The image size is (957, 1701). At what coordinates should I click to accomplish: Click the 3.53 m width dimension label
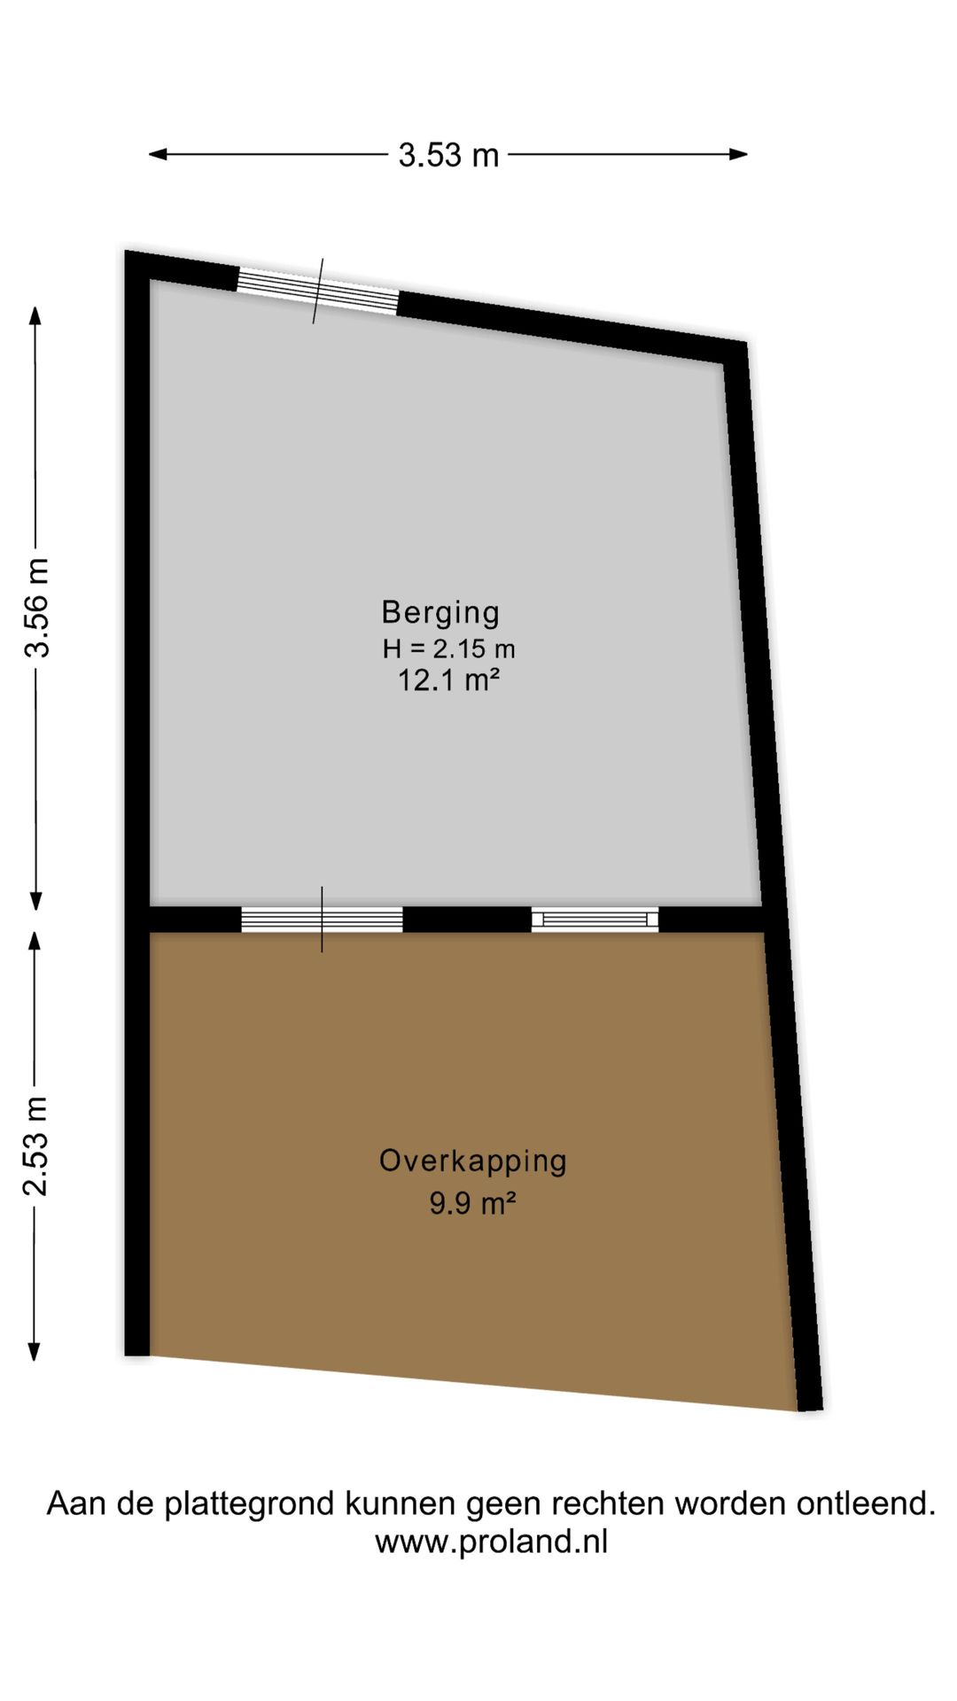click(x=448, y=155)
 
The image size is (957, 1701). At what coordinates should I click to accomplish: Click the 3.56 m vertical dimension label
click(x=37, y=608)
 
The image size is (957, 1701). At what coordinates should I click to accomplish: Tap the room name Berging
click(x=440, y=612)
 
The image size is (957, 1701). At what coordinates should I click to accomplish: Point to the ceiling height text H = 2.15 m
click(x=448, y=649)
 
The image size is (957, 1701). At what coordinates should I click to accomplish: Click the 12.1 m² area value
click(x=448, y=680)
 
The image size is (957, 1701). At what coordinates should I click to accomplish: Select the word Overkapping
click(x=472, y=1161)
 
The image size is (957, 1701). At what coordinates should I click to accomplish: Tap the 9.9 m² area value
click(x=472, y=1203)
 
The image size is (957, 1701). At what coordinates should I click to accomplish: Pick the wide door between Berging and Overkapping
click(x=322, y=919)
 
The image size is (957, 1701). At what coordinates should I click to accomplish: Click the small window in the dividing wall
click(x=595, y=919)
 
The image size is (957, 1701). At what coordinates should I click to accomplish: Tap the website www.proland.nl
click(x=491, y=1542)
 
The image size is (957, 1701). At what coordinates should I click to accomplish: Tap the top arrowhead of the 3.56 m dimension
click(x=35, y=315)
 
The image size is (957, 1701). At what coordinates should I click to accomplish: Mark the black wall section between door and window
click(x=467, y=919)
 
